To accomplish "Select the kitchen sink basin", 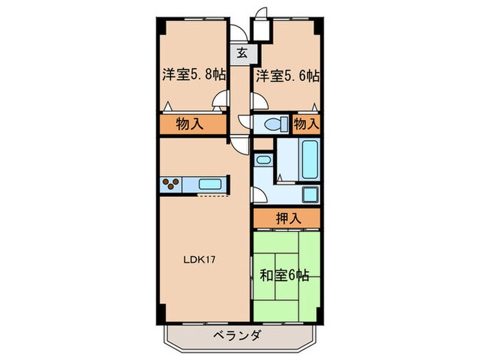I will [x=208, y=184].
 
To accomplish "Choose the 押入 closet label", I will [x=286, y=219].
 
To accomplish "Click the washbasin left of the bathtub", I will [x=263, y=159].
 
